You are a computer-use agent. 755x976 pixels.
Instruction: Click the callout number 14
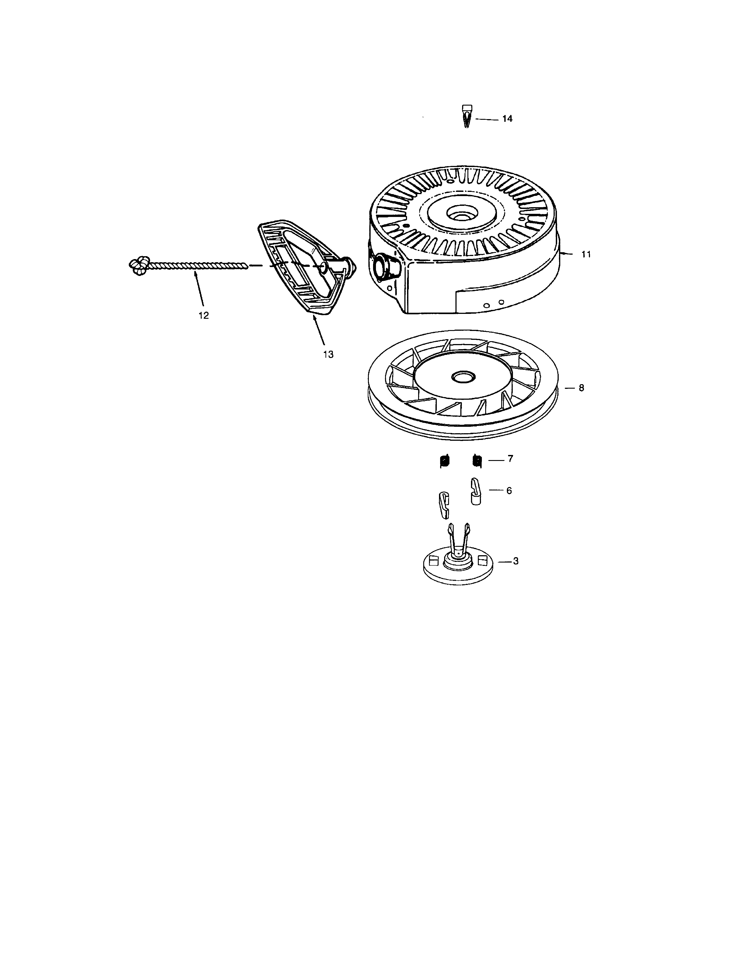tap(507, 119)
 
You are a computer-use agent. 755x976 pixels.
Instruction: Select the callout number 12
tap(203, 315)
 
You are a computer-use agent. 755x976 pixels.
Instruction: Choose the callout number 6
tap(509, 491)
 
